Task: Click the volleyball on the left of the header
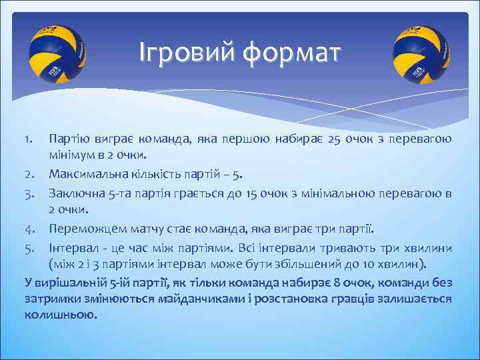click(57, 52)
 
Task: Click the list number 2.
click(31, 175)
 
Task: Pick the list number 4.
click(31, 229)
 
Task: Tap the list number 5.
click(31, 247)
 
